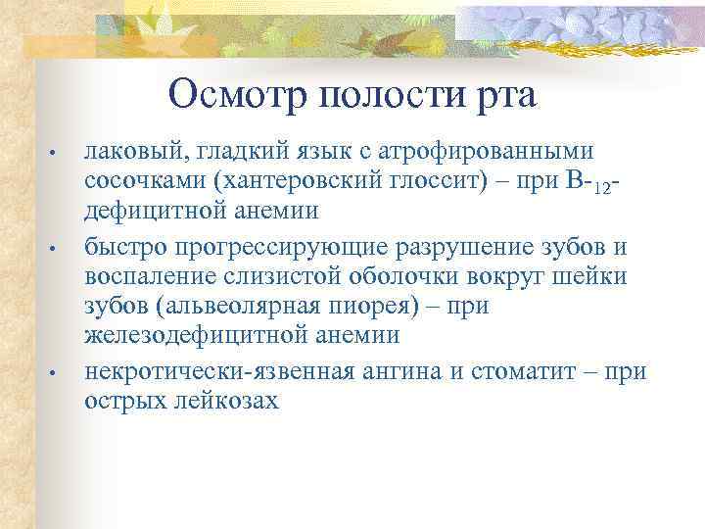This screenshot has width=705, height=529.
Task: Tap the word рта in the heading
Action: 504,96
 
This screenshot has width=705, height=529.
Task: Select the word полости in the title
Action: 393,96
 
